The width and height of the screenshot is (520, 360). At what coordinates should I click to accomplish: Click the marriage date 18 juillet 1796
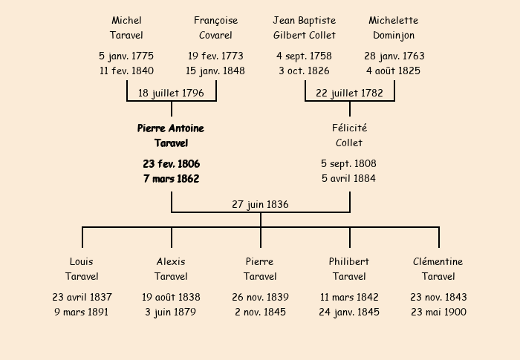coord(171,93)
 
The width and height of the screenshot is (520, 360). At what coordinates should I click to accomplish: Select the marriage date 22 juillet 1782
coord(349,93)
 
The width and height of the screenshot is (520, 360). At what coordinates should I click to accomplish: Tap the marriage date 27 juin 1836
coord(260,205)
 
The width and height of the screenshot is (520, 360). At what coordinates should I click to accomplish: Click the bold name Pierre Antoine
coord(171,128)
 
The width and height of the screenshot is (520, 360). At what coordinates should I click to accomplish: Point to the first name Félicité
coord(350,128)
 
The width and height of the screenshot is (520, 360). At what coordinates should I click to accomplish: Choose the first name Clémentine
coord(438,261)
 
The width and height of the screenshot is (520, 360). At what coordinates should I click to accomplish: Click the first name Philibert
coord(349,261)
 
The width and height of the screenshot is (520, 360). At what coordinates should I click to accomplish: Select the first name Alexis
coord(171,261)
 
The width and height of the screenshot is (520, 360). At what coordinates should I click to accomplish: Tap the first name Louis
coord(82,261)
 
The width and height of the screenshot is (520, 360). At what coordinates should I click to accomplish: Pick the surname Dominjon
coord(394,36)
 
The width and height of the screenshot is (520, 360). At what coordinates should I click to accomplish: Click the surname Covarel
coord(215,35)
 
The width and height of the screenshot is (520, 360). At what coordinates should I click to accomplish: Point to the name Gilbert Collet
coord(305,35)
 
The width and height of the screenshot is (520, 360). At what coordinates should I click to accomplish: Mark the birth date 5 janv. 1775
coord(126,56)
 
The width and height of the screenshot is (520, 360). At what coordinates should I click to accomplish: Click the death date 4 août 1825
coord(393,71)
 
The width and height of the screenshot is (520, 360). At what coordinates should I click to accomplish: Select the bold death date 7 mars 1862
coord(172,179)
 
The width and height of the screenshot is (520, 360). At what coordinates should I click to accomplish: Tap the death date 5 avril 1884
coord(348,178)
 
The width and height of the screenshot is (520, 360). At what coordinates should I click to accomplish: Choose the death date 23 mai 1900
coord(438,312)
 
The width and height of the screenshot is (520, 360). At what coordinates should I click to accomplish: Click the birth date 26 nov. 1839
coord(260,297)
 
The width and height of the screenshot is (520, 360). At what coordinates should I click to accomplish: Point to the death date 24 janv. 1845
coord(349,312)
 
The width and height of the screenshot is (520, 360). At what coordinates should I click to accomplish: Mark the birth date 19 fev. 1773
coord(215,56)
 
